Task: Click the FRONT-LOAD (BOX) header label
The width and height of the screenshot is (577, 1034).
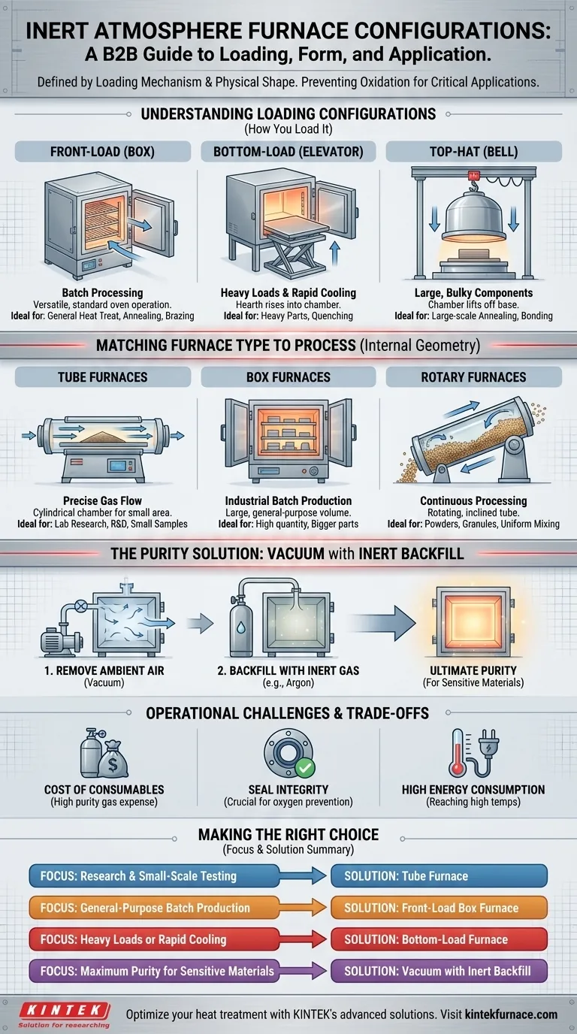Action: [102, 151]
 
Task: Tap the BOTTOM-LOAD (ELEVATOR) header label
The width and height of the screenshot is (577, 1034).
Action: [288, 151]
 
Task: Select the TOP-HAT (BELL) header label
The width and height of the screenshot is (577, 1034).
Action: [473, 151]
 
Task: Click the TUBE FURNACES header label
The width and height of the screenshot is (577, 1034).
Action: [102, 376]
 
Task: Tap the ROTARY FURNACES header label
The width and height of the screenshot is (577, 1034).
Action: [473, 376]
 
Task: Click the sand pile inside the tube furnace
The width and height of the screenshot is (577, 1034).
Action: [102, 434]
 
